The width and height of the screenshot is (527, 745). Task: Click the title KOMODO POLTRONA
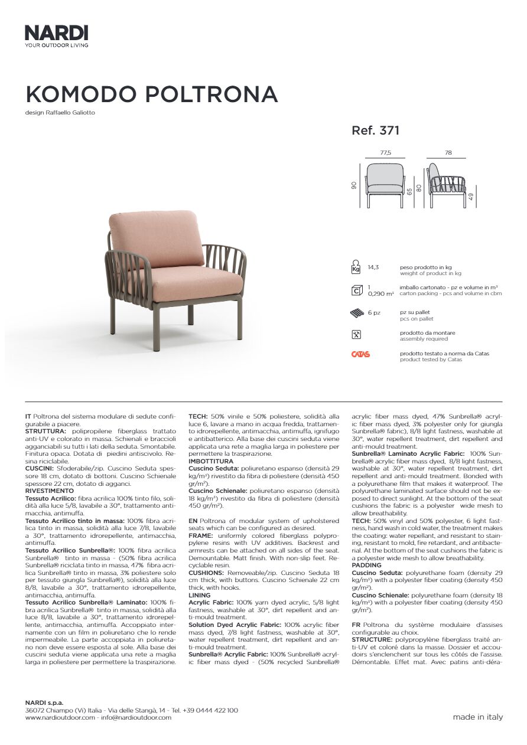pyautogui.click(x=151, y=94)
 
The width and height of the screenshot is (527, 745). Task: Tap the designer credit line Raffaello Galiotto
pyautogui.click(x=60, y=113)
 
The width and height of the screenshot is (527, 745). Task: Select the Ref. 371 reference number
pyautogui.click(x=376, y=130)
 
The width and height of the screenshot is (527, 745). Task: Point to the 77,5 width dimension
pyautogui.click(x=385, y=152)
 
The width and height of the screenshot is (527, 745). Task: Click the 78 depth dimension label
pyautogui.click(x=448, y=152)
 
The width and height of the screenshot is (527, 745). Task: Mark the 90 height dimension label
pyautogui.click(x=354, y=185)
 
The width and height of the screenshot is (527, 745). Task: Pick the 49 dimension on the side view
pyautogui.click(x=471, y=198)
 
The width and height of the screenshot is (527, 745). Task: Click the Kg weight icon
pyautogui.click(x=356, y=267)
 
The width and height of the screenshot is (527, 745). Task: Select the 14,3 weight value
pyautogui.click(x=373, y=267)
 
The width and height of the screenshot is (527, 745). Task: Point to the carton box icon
pyautogui.click(x=356, y=290)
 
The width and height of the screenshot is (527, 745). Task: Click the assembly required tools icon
pyautogui.click(x=356, y=334)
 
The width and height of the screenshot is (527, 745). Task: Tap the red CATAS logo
pyautogui.click(x=360, y=354)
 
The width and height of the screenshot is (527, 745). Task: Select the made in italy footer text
pyautogui.click(x=478, y=717)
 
